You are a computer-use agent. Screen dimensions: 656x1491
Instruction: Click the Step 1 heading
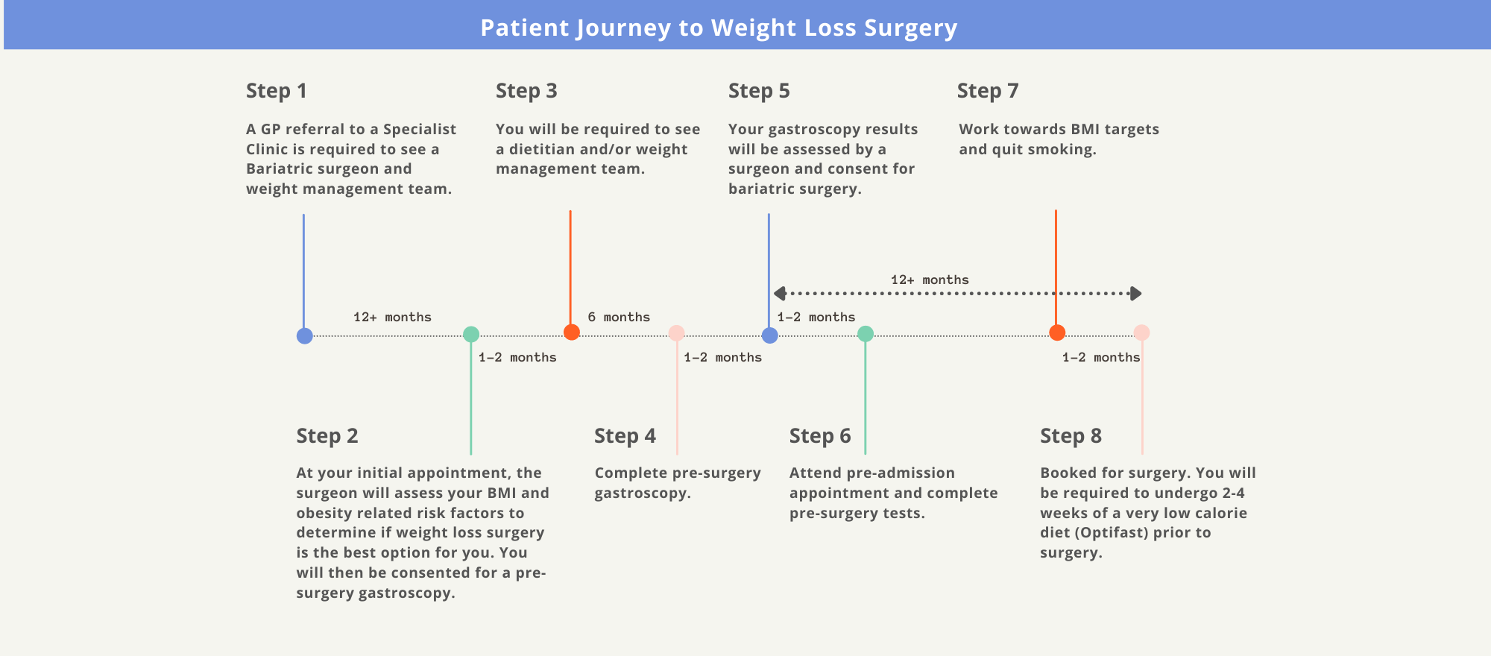[276, 91]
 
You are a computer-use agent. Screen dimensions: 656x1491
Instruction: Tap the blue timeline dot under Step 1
[304, 335]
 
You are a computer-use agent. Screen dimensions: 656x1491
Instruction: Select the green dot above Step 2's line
[471, 334]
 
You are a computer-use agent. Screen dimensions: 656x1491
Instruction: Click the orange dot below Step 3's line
[571, 332]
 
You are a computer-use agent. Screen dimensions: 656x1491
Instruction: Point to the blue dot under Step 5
[769, 335]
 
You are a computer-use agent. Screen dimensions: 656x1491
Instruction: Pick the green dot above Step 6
[865, 334]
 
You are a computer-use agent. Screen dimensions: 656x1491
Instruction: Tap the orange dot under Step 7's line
[1056, 332]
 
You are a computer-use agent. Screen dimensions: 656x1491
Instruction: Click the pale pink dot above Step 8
[1141, 332]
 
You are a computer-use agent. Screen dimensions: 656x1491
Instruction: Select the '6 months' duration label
[618, 317]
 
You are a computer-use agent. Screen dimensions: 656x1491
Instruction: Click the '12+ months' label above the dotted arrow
[930, 280]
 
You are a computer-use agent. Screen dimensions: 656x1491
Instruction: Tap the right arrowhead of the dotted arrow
[1135, 294]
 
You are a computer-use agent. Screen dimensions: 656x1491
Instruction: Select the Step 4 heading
[625, 436]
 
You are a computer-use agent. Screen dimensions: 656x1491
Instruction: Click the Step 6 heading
[819, 436]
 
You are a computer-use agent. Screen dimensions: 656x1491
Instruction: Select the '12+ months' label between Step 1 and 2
[392, 317]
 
